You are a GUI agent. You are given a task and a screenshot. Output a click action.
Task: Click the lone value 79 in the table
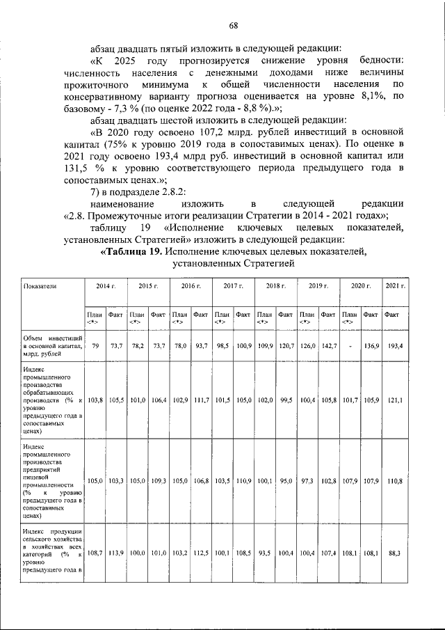coord(95,346)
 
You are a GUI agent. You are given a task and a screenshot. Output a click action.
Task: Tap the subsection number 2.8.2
coord(174,190)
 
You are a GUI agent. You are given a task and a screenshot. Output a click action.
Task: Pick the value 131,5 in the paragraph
coord(79,168)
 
